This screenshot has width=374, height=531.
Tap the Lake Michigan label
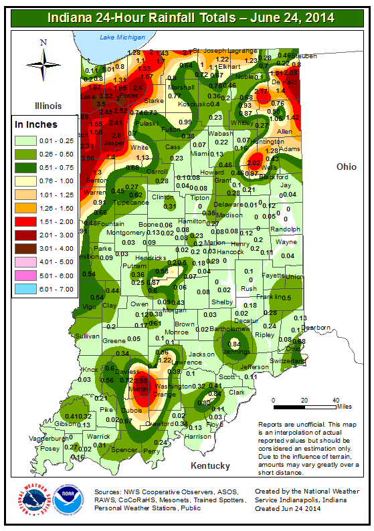(121, 38)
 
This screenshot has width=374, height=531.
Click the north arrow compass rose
(43, 65)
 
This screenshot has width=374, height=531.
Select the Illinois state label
(45, 106)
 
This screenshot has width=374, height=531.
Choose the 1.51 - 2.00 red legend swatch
(28, 221)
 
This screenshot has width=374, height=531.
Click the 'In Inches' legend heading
(36, 124)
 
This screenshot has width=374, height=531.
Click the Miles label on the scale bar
(345, 405)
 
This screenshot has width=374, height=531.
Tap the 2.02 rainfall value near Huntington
(254, 163)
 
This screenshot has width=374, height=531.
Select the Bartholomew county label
(229, 329)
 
